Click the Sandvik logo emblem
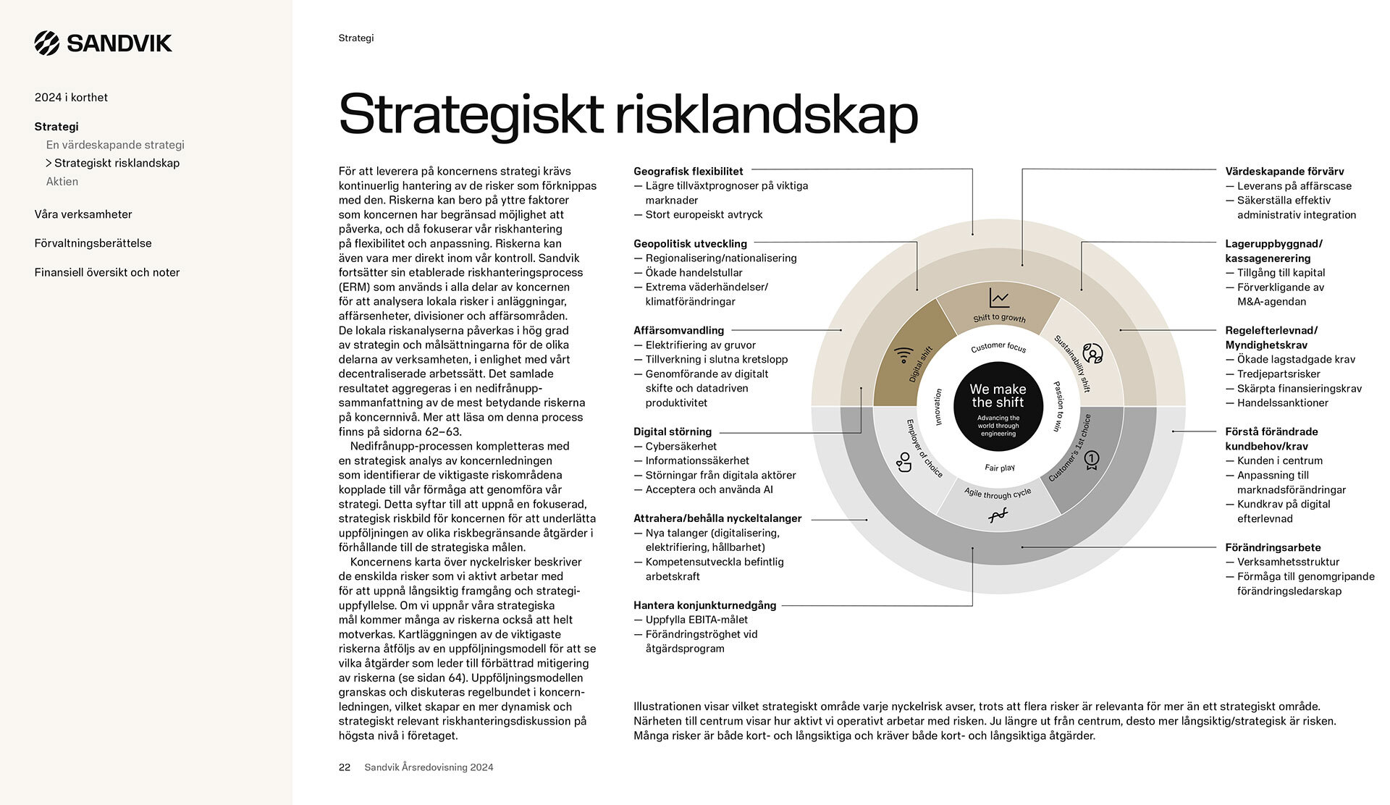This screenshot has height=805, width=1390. tap(47, 43)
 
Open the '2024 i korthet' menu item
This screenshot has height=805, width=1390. tap(71, 98)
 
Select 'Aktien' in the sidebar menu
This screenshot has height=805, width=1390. tap(62, 182)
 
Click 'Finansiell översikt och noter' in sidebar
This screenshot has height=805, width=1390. tap(107, 272)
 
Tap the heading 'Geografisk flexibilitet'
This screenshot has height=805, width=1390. tap(688, 172)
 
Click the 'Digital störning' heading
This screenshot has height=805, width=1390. tap(673, 431)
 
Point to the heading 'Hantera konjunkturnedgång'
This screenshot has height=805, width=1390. tap(704, 605)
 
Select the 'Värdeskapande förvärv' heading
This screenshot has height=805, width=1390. tap(1284, 172)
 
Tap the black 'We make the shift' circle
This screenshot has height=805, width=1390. tap(998, 406)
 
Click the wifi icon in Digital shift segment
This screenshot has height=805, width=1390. tap(903, 355)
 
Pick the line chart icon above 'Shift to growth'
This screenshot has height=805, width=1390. tap(999, 298)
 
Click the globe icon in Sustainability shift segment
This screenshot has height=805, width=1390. tap(1092, 353)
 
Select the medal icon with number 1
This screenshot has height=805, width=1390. tap(1091, 460)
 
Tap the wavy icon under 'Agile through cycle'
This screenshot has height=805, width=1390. tap(998, 515)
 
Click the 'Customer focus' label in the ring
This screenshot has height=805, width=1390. tap(998, 347)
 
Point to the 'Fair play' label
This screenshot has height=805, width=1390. tap(999, 468)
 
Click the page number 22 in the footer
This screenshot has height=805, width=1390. tap(345, 767)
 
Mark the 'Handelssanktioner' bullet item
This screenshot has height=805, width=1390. tap(1282, 402)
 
